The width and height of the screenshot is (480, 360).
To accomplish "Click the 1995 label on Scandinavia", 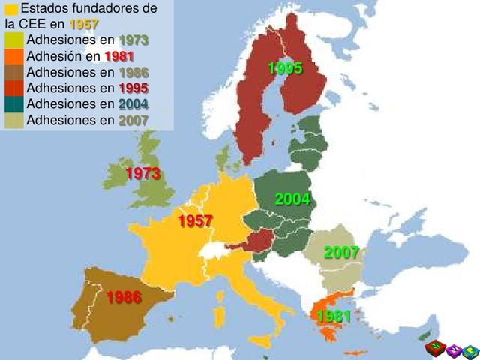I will pos(285,69).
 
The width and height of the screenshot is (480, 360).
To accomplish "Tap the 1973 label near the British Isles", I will pos(143,174).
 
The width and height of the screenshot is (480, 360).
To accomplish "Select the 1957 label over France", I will pos(195,221).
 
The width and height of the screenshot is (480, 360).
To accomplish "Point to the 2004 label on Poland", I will pos(292,199).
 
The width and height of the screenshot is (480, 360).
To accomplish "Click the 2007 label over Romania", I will pos(341,253).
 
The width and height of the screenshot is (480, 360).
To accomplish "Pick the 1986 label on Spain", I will pos(124,297).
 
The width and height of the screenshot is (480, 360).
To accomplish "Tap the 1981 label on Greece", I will pos(334,316).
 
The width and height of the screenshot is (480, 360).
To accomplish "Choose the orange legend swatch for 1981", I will pos(13,56).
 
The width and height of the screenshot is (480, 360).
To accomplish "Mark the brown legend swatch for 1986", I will pos(13,72).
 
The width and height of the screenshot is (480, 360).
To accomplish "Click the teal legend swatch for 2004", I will pos(13,104).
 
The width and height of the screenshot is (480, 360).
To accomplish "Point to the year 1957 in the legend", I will pos(84,25).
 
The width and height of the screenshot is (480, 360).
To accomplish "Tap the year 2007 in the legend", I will pos(133,120).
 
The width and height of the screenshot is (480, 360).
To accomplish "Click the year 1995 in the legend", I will pos(133,88).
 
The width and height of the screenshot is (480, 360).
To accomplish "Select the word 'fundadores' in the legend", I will pos(120,9).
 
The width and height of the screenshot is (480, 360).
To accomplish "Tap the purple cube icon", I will pos(452,349).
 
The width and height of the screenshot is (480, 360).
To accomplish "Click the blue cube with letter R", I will pos(470,349).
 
